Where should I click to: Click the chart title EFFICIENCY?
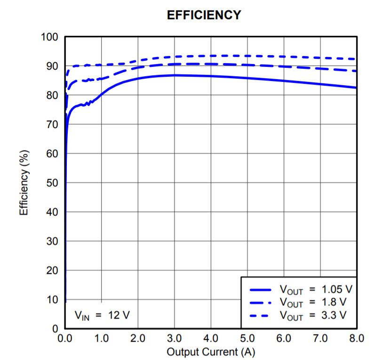tap(204, 16)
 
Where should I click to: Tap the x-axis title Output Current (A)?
tap(210, 352)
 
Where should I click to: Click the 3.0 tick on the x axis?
tap(174, 338)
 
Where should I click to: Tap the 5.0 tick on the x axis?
tap(247, 338)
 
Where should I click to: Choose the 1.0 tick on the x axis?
tap(101, 338)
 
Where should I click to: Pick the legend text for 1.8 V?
tap(313, 302)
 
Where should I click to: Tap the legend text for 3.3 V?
tap(313, 314)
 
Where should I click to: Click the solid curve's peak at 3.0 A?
tap(175, 75)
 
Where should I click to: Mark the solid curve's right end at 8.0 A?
tap(356, 88)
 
